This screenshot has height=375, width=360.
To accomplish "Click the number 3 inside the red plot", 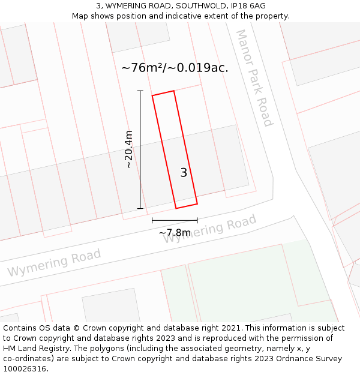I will [184, 173].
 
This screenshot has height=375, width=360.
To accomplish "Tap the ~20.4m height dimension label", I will [128, 149].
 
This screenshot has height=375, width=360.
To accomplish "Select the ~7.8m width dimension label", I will [174, 233].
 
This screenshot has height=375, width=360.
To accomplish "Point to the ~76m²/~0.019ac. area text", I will [175, 68].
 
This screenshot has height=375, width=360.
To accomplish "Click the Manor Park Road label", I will [254, 78].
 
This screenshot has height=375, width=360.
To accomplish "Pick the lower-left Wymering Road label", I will [54, 263].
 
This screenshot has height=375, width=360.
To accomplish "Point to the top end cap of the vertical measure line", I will [140, 91].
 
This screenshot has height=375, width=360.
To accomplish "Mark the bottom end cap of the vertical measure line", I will [140, 209].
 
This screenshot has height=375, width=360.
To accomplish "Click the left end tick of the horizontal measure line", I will [152, 221].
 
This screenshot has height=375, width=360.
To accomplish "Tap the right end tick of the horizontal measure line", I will [197, 221].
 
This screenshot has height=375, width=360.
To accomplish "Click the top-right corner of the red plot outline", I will [174, 91].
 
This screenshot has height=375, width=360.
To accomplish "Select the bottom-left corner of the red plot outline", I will [176, 208].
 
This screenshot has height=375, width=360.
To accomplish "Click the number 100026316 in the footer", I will [24, 368].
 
